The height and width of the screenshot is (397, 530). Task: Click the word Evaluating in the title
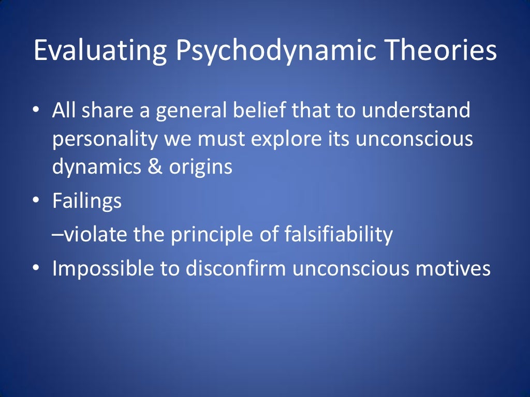click(99, 52)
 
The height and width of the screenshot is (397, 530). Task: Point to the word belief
click(272, 111)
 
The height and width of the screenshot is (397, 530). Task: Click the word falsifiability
click(339, 235)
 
